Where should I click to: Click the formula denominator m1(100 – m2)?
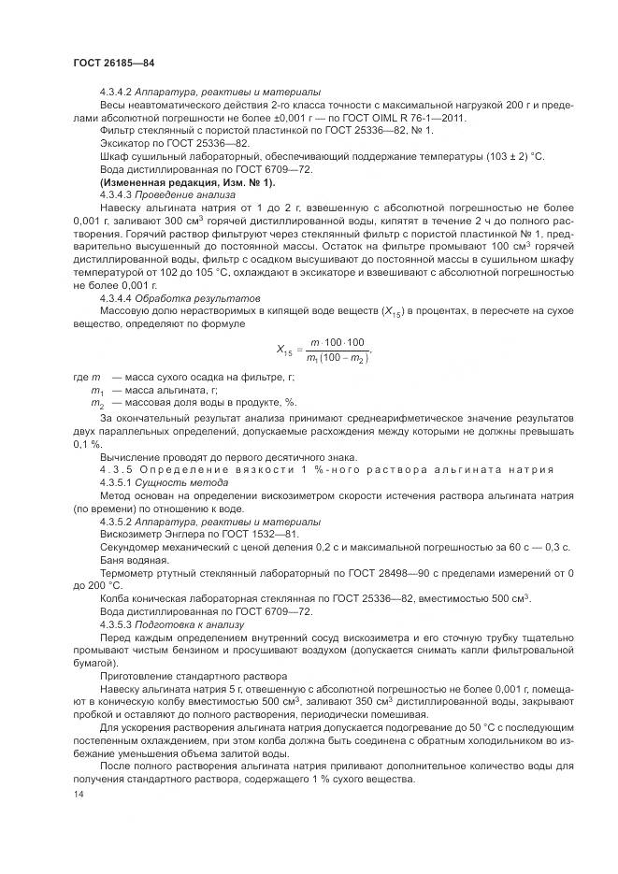pyautogui.click(x=338, y=357)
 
